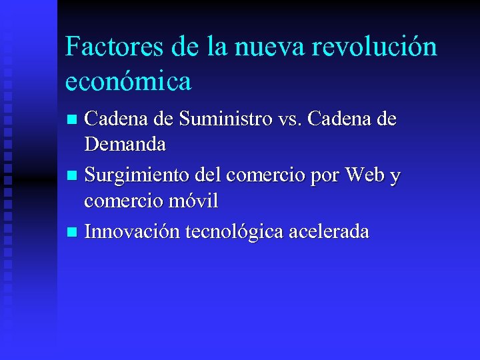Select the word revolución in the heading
377,47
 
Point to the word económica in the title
129,81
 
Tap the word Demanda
125,143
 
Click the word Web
361,175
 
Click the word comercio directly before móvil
121,200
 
